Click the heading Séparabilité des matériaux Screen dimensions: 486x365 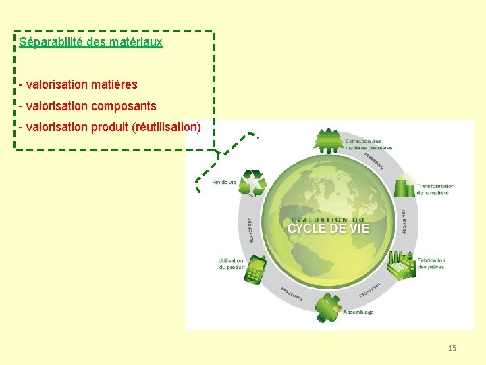[x=91, y=42]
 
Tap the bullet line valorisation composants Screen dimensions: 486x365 [x=88, y=106]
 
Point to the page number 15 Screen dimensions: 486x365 [x=452, y=348]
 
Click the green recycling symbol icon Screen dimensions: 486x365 [x=254, y=182]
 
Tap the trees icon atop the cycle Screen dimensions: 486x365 [x=329, y=139]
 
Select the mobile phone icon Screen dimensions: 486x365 [x=255, y=270]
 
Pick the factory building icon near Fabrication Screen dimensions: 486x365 [x=401, y=266]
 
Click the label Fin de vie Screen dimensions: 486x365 [x=224, y=182]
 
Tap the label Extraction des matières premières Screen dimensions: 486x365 [x=368, y=144]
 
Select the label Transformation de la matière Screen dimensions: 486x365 [x=435, y=189]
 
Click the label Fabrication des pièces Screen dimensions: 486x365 [x=431, y=263]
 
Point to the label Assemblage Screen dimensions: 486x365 [x=358, y=312]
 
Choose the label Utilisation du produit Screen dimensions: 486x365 [x=232, y=264]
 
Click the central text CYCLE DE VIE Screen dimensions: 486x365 [x=329, y=228]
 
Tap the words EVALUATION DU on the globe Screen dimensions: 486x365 [x=328, y=219]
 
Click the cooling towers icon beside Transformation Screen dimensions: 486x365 [x=404, y=186]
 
